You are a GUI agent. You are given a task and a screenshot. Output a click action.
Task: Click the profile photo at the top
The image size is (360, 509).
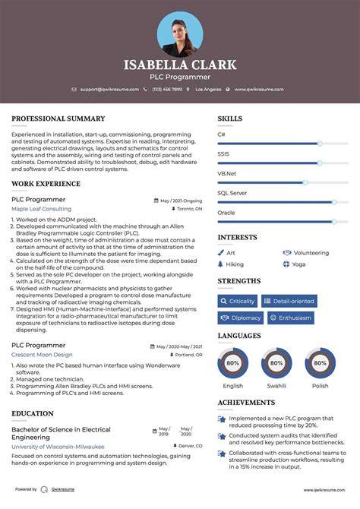coord(180,33)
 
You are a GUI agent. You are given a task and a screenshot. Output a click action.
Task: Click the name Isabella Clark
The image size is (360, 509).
coord(180,65)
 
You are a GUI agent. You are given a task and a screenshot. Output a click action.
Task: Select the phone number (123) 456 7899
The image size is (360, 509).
coord(166,90)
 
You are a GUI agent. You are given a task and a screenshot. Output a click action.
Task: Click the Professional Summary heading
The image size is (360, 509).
coord(58,119)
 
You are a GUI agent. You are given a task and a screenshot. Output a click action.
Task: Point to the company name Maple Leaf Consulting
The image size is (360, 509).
coord(41,209)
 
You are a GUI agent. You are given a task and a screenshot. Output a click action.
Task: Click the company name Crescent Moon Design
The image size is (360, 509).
coord(42,355)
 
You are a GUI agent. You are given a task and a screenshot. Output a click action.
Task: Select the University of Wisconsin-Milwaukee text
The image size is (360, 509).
coord(58,447)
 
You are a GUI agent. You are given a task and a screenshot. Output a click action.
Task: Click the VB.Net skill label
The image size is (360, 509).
coord(227,173)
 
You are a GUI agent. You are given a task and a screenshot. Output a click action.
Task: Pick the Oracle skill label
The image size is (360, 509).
coord(226,213)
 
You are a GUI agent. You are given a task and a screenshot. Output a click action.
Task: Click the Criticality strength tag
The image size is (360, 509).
coord(238,301)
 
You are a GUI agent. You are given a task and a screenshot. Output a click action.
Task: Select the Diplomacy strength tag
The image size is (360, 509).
coord(241,318)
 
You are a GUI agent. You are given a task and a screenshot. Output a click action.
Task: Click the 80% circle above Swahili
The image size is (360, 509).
coord(276,364)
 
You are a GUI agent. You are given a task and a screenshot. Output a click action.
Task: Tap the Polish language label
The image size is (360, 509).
coord(320,386)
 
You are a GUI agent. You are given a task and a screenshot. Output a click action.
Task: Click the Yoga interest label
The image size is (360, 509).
coord(298,264)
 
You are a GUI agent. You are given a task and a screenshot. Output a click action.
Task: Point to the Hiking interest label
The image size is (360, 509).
coord(235,264)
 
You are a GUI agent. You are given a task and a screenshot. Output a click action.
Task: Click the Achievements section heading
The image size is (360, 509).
coord(246,403)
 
